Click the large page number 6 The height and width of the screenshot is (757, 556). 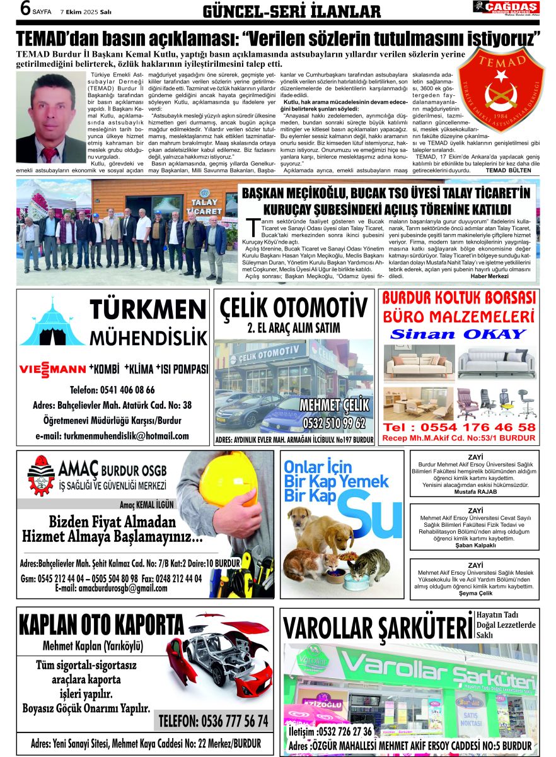pyautogui.click(x=9, y=9)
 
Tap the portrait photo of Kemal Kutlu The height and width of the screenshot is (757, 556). pyautogui.click(x=42, y=118)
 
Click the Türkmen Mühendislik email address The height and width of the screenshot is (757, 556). pyautogui.click(x=112, y=436)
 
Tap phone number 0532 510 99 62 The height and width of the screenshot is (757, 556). pyautogui.click(x=333, y=422)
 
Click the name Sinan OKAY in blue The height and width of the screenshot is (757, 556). pyautogui.click(x=458, y=334)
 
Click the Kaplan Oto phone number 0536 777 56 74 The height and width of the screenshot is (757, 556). pyautogui.click(x=213, y=721)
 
